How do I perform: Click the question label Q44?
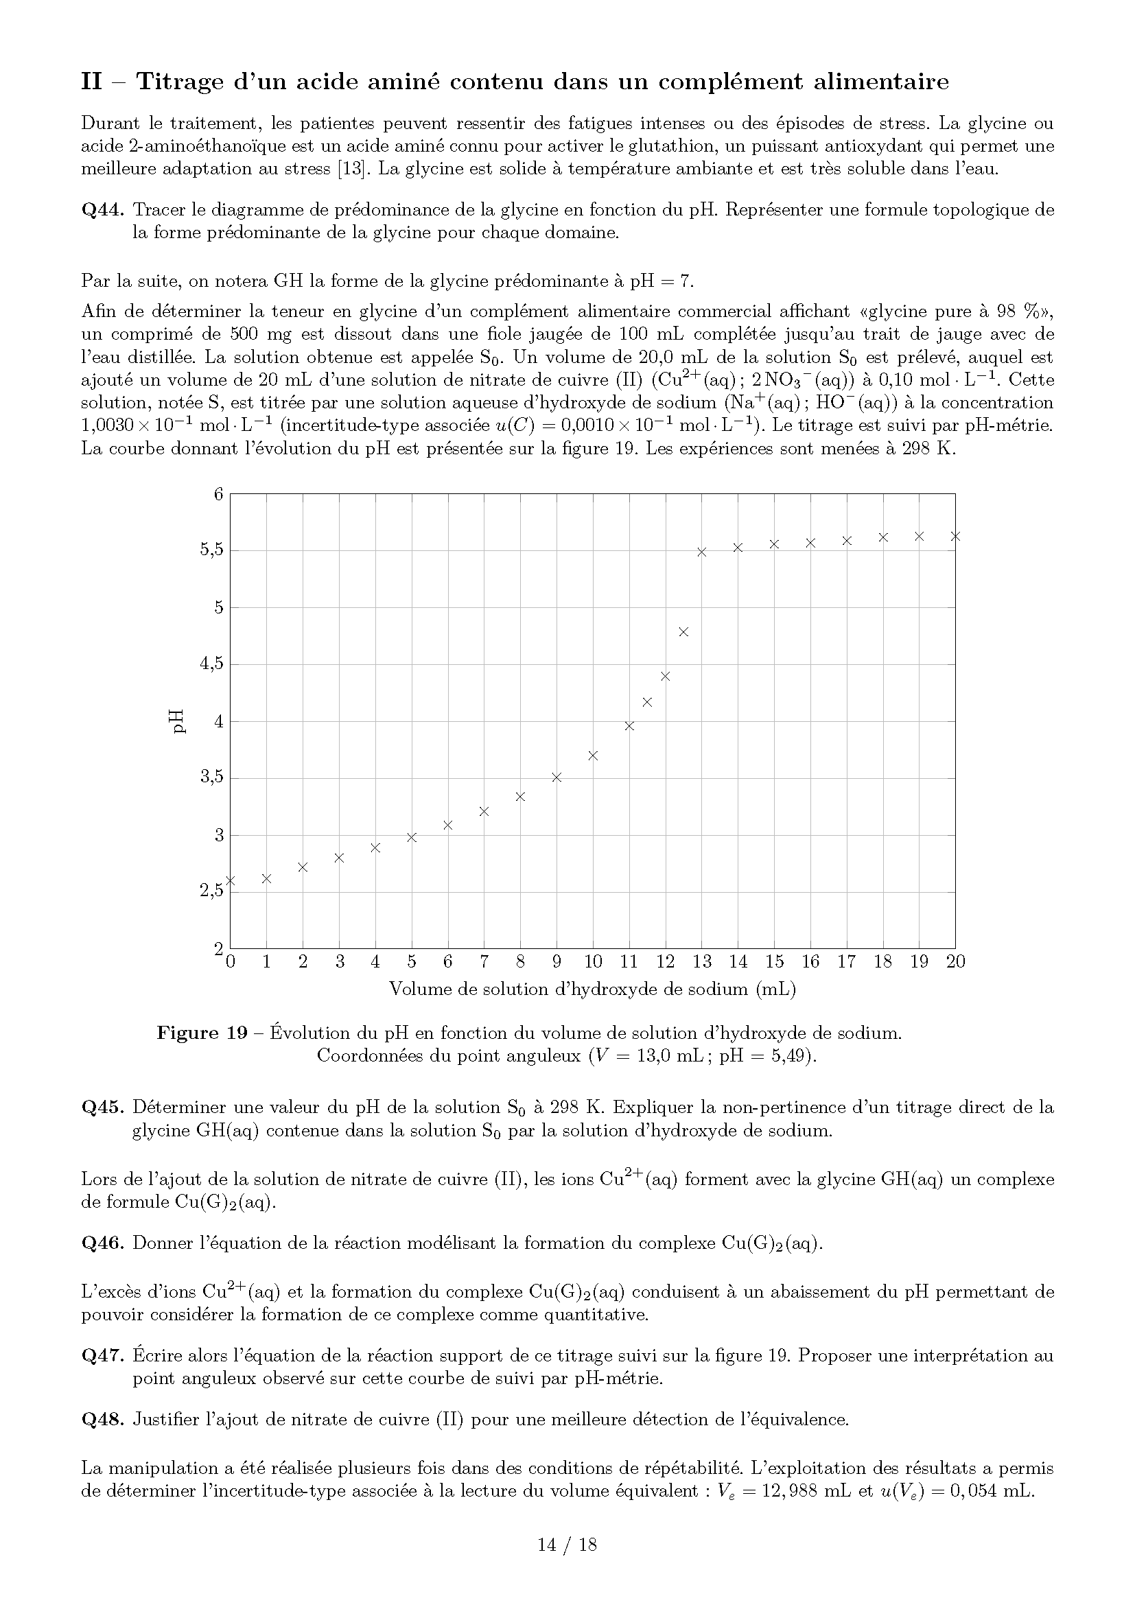pos(103,210)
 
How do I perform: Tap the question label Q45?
pos(103,1108)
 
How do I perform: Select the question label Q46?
pos(103,1243)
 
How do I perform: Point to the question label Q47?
pos(103,1356)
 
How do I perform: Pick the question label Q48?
pos(103,1420)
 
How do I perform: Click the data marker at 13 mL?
pos(702,552)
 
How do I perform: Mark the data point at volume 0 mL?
pos(231,881)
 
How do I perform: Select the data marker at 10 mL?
pos(594,755)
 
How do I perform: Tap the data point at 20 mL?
pos(955,536)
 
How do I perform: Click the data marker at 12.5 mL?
pos(683,632)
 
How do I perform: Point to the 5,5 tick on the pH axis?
pos(212,550)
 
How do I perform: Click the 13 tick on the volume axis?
pos(702,962)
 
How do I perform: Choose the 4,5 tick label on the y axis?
pos(212,664)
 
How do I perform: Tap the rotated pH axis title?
pos(179,721)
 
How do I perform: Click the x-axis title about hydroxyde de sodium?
pos(593,989)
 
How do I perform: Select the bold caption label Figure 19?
pos(202,1033)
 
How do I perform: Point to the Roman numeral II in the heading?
pos(91,82)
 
